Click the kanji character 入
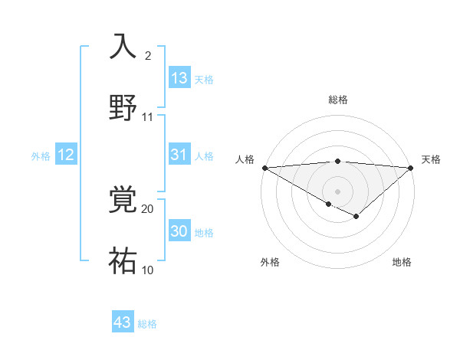tap(123, 46)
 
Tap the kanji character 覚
tap(123, 201)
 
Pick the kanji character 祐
tap(123, 260)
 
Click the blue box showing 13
tap(179, 78)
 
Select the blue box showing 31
tap(179, 155)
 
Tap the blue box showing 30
tap(179, 232)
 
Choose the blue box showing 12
tap(66, 155)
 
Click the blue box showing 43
tap(123, 322)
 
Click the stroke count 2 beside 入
tap(148, 55)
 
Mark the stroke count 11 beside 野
tap(148, 117)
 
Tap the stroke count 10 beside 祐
tap(148, 270)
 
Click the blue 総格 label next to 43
tap(147, 324)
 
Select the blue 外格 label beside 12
tap(41, 156)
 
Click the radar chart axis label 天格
tap(432, 159)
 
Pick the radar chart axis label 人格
tap(244, 159)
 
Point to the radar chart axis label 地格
tap(402, 262)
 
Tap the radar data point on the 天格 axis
tap(411, 167)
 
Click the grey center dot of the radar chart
tap(337, 191)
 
